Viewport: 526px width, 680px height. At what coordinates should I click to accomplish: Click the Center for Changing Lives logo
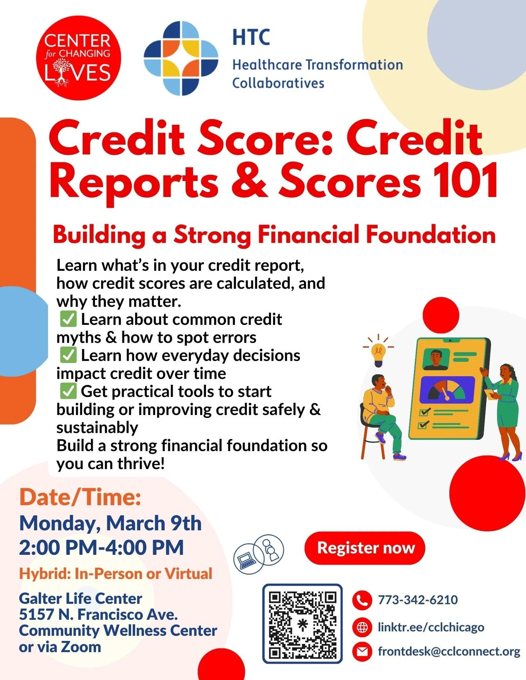tap(78, 58)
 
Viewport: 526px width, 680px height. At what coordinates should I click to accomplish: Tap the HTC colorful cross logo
tap(181, 58)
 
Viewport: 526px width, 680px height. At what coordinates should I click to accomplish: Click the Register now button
tap(365, 548)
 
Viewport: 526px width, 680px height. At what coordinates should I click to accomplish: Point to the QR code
tap(302, 623)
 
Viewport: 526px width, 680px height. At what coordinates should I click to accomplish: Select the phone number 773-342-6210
tap(418, 600)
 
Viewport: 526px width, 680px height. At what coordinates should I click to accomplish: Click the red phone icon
tap(362, 600)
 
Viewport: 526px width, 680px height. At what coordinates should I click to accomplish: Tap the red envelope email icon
tap(362, 652)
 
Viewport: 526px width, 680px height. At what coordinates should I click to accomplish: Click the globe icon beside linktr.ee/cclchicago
tap(362, 627)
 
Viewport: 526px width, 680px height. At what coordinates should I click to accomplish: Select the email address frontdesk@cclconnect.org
tap(449, 652)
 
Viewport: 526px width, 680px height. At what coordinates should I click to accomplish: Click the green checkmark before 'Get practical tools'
tap(68, 391)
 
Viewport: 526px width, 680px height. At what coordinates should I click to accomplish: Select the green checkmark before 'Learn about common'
tap(68, 319)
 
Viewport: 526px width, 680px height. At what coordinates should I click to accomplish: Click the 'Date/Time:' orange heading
tap(80, 497)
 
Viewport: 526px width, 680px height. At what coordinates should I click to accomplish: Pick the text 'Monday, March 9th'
tap(110, 523)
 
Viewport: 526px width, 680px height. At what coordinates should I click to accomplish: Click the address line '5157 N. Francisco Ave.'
tap(98, 614)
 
